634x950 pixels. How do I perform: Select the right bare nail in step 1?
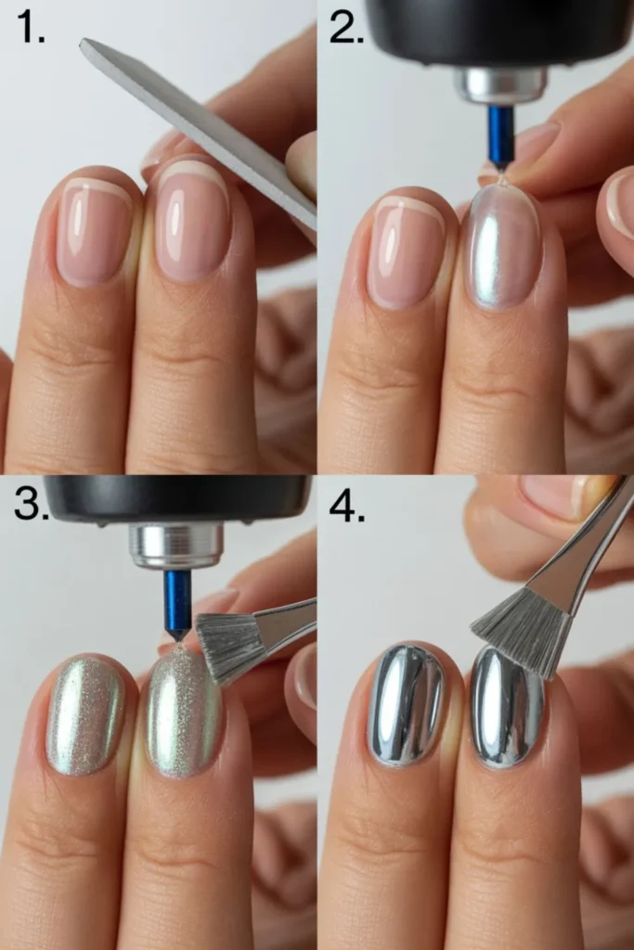pyautogui.click(x=192, y=221)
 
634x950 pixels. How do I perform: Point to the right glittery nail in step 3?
pyautogui.click(x=184, y=712)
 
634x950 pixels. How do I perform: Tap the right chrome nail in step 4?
pyautogui.click(x=507, y=707)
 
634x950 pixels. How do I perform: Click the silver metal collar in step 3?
pyautogui.click(x=175, y=546)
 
